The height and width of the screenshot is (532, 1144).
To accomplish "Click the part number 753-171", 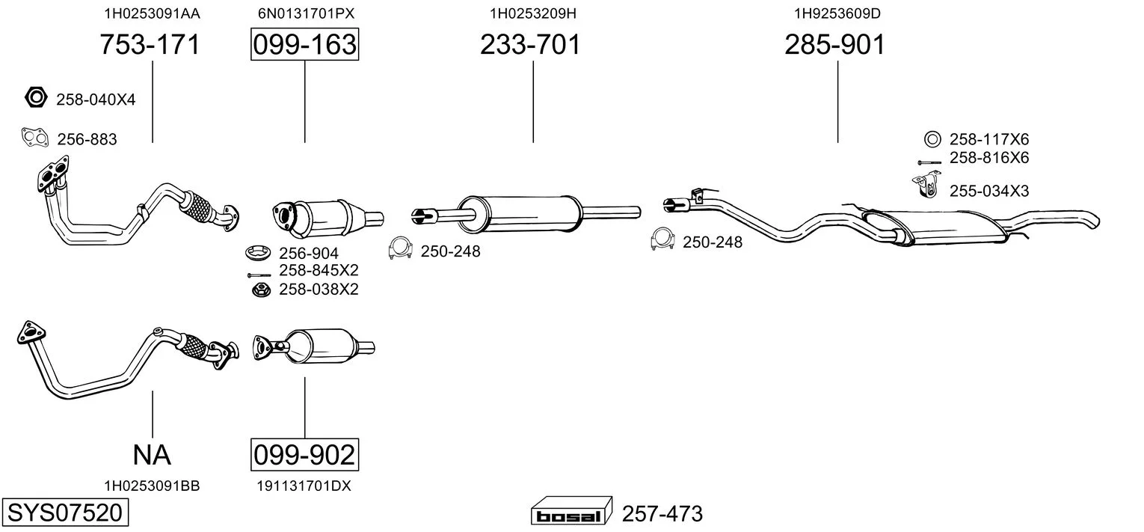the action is click(x=150, y=44).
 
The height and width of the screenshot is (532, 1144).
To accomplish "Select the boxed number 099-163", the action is click(x=305, y=44).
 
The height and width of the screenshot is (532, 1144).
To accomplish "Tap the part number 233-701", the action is click(x=531, y=44).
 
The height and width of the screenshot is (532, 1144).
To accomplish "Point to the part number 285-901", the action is click(x=835, y=44).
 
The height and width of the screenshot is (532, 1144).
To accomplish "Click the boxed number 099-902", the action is click(x=305, y=455).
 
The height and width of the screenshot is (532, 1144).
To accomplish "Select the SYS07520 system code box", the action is click(x=65, y=513).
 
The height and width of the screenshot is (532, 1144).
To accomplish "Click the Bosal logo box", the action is click(x=571, y=510).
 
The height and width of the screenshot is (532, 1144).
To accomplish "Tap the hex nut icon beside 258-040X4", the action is click(x=36, y=97).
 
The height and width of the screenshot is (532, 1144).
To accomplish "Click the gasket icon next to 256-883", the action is click(x=34, y=138).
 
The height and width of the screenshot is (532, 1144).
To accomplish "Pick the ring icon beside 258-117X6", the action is click(x=932, y=139).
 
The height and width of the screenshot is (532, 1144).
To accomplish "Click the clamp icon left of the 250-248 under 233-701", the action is click(x=401, y=248).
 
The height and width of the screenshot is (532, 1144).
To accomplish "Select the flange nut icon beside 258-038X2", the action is click(x=262, y=290).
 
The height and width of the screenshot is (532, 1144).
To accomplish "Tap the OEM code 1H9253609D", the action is click(x=837, y=13).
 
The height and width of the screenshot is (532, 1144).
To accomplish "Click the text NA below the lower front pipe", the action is click(x=152, y=455).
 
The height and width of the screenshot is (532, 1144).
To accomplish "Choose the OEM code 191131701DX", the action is click(x=304, y=486).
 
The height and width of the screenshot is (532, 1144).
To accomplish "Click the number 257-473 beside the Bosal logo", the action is click(x=662, y=513).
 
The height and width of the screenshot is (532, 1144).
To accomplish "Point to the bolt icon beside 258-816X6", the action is click(x=929, y=162).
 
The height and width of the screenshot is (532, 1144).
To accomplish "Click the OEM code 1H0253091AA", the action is click(x=153, y=13).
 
